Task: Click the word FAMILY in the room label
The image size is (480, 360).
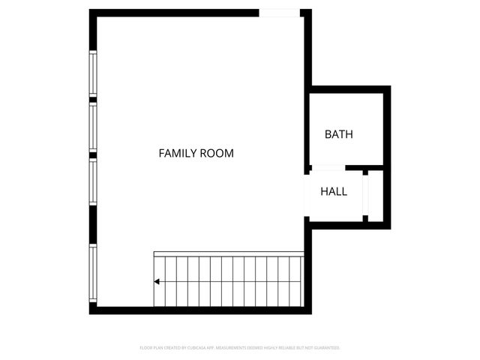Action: coord(177,153)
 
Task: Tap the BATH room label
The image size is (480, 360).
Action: coord(338,135)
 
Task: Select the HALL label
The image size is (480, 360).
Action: coord(334,191)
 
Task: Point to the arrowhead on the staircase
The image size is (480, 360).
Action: coord(157,282)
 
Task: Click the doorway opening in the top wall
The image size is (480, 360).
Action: coord(280,13)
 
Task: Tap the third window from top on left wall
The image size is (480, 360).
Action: coord(93,182)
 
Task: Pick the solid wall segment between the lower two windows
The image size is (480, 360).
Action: coord(93,224)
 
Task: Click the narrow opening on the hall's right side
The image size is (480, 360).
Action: coord(366,195)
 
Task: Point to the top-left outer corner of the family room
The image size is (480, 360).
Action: coord(91,11)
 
